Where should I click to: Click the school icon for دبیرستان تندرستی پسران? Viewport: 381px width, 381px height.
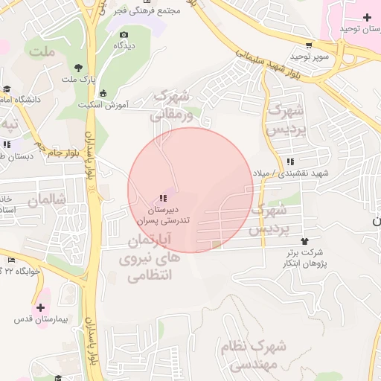162,198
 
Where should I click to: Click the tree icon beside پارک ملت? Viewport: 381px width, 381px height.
79,67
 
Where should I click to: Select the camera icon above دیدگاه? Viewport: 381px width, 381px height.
124,34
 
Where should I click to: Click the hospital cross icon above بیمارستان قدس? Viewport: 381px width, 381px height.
40,307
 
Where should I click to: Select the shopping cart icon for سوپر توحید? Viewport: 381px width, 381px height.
308,44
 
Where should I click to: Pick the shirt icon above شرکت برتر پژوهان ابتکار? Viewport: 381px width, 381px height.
304,240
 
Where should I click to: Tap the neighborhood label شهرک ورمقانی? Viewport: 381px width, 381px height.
171,105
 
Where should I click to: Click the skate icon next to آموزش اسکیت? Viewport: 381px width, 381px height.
102,93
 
